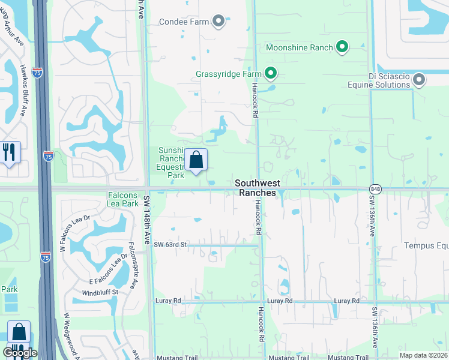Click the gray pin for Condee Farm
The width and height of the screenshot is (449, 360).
(218, 22)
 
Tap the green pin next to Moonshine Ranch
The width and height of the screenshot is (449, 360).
(342, 46)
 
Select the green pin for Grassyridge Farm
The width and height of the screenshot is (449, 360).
(271, 74)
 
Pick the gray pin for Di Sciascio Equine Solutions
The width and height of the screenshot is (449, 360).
(419, 79)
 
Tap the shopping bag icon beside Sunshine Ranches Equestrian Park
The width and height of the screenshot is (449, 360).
(196, 160)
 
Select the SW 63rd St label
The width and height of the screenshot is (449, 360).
(170, 245)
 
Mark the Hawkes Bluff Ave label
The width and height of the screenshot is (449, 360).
(23, 90)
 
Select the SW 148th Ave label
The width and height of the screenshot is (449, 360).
(146, 219)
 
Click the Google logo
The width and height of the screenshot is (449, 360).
(20, 353)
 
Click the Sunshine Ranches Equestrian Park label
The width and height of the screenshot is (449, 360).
(171, 163)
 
